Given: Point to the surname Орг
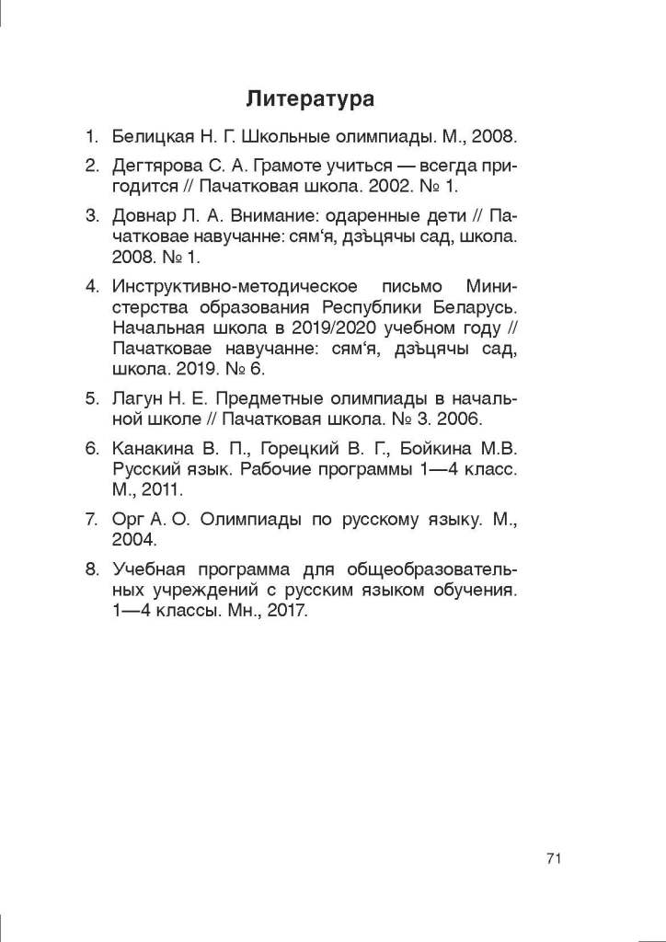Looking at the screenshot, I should (x=126, y=520).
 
